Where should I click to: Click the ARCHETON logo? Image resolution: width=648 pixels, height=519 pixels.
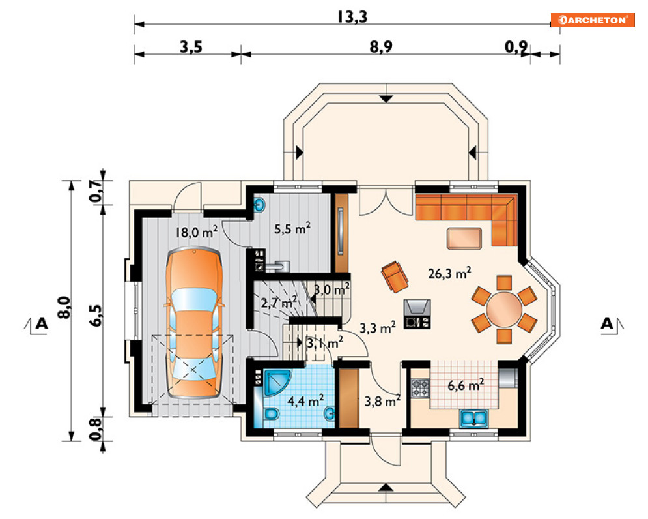[x=593, y=20]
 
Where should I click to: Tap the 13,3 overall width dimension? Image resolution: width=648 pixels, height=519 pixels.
[x=352, y=17]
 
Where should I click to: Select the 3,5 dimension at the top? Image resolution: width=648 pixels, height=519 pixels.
[x=191, y=47]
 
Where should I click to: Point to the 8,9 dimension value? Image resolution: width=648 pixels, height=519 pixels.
[x=380, y=47]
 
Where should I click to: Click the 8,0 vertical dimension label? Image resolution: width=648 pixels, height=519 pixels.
[x=65, y=308]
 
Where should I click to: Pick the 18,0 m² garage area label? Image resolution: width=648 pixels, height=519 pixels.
[x=196, y=231]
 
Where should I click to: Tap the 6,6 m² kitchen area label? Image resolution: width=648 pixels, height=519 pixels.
[x=466, y=385]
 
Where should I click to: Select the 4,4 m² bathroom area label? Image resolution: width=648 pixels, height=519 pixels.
[x=305, y=400]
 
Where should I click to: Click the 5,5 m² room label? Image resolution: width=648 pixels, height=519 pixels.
[x=292, y=228]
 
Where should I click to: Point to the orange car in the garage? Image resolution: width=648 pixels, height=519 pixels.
[x=194, y=323]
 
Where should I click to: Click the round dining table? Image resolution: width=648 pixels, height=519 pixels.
[x=504, y=310]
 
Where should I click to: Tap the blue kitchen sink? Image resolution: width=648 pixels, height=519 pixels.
[x=474, y=418]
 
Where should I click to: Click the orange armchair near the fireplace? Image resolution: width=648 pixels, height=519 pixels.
[x=395, y=276]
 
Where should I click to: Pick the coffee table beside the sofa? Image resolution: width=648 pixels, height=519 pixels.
[x=464, y=238]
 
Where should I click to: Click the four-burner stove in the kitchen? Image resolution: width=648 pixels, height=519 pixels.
[x=421, y=389]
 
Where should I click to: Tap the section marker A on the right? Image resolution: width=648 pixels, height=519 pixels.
[x=607, y=323]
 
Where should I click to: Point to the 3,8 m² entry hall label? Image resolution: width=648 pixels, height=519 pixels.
[x=382, y=400]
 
